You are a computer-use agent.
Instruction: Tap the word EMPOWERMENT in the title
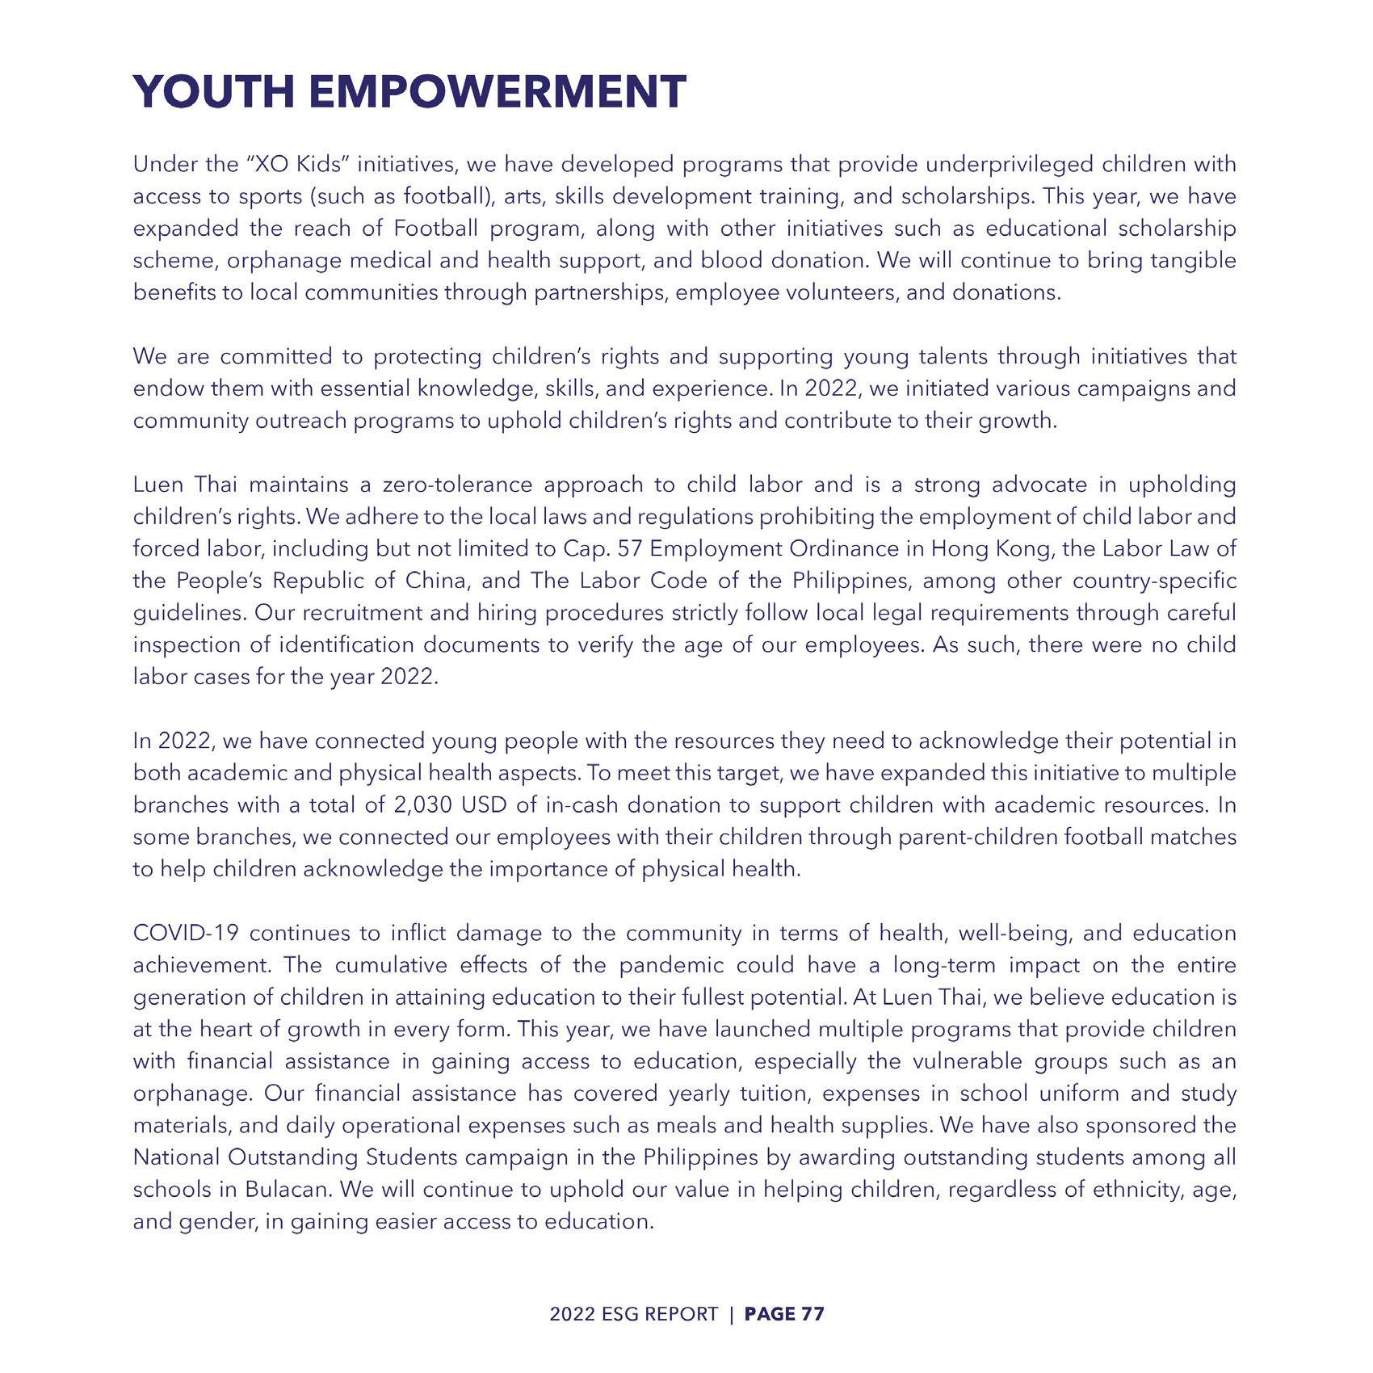coord(497,91)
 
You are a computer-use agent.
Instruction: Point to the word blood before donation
coord(733,261)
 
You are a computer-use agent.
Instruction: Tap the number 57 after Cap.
coord(628,549)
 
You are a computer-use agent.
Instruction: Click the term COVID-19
coord(185,934)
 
